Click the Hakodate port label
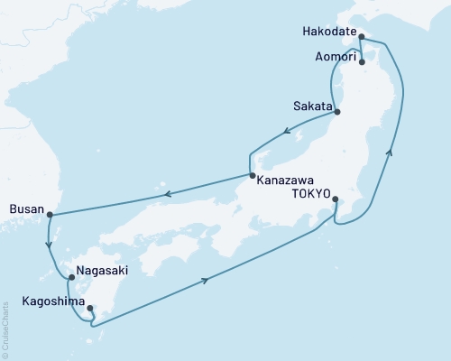(326, 40)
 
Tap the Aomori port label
(331, 57)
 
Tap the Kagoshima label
(37, 299)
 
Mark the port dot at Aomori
(362, 62)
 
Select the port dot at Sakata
(337, 112)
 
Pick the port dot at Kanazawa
(252, 175)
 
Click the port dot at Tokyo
(335, 199)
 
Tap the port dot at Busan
(50, 215)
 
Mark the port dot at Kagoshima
(89, 309)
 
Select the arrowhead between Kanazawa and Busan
(164, 192)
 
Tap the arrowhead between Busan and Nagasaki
(50, 244)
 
